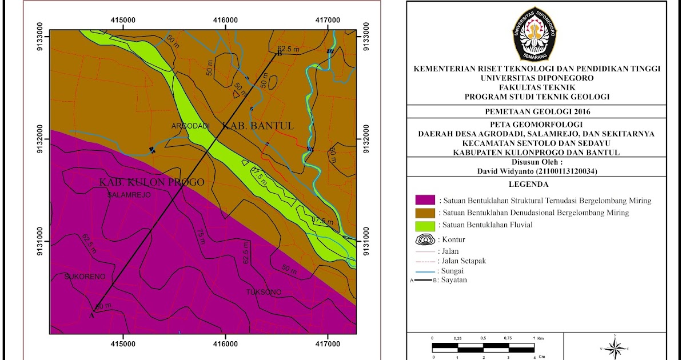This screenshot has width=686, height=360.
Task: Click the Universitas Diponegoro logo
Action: (x=537, y=34)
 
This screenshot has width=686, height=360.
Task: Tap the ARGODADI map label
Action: (x=190, y=126)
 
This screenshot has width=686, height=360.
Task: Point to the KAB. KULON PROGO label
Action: (x=151, y=182)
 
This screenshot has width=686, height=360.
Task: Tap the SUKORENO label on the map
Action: (x=85, y=276)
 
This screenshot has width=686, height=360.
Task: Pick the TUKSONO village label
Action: (x=264, y=292)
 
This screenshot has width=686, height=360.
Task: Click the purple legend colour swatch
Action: (x=425, y=200)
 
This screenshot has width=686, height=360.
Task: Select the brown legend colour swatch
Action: (x=425, y=213)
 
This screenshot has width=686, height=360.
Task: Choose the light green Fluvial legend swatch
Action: (x=425, y=225)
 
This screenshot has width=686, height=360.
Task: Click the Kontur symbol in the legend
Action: (x=425, y=239)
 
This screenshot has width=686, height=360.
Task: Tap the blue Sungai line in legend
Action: (x=425, y=271)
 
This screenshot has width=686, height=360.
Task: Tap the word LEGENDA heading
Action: (x=536, y=185)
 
